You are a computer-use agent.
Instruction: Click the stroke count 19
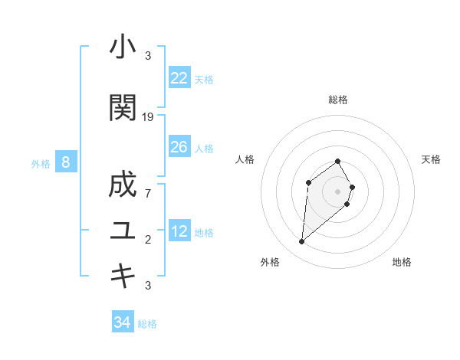click(148, 117)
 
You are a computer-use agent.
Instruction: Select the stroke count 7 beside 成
click(148, 193)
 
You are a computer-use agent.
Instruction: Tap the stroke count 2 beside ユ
click(148, 240)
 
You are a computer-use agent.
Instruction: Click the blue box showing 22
click(179, 78)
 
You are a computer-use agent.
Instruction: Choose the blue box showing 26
click(179, 147)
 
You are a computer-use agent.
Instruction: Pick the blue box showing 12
click(179, 231)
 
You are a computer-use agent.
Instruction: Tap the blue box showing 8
click(66, 162)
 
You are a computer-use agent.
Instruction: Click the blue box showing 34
click(122, 322)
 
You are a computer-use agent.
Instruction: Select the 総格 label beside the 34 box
click(147, 324)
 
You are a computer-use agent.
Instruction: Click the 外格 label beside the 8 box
click(40, 163)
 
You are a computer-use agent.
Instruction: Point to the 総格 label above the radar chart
click(337, 100)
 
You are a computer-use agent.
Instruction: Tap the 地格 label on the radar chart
click(402, 262)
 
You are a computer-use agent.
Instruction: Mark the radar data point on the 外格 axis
click(301, 242)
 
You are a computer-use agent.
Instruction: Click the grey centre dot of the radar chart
click(337, 191)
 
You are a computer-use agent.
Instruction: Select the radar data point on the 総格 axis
click(337, 161)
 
